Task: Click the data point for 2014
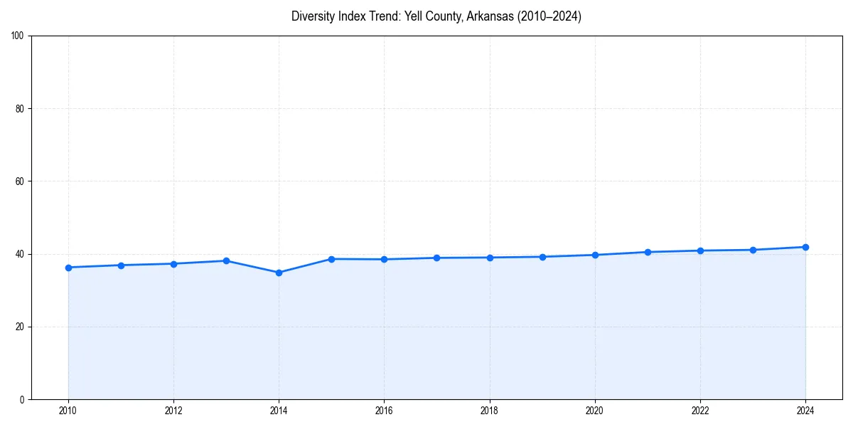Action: (279, 273)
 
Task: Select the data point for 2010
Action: (68, 268)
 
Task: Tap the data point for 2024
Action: (805, 247)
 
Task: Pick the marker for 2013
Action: (226, 260)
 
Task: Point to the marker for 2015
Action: (331, 259)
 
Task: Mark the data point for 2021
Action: (648, 252)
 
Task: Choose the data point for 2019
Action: (542, 257)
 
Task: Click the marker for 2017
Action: (436, 258)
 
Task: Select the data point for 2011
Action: (121, 265)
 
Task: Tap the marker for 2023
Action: (753, 250)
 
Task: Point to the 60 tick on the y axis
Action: (21, 181)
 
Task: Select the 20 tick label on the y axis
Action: (21, 327)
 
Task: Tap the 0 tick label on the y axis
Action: (23, 399)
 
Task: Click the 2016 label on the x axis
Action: (384, 410)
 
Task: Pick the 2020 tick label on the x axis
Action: (595, 410)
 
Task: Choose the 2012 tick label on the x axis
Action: (173, 410)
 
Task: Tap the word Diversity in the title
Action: (313, 16)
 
